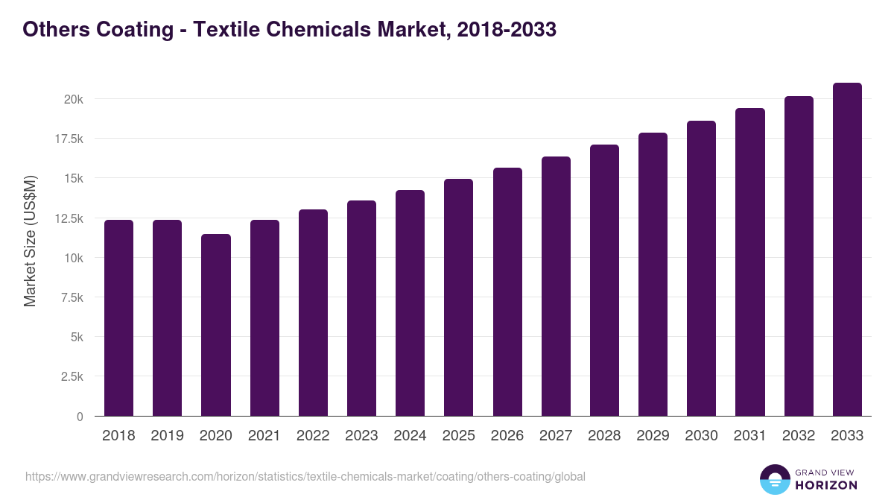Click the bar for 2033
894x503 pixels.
(847, 250)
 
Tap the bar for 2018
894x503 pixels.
(118, 318)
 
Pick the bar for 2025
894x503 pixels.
(458, 297)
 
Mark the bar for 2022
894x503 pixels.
(313, 313)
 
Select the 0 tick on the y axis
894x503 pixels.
(79, 417)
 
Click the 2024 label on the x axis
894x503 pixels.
(410, 436)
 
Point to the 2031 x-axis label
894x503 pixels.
(750, 436)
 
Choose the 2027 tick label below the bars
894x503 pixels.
(556, 436)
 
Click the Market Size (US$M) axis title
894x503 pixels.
(30, 241)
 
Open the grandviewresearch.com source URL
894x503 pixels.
(305, 476)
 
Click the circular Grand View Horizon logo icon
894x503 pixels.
(774, 480)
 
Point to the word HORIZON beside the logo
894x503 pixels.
(825, 485)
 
